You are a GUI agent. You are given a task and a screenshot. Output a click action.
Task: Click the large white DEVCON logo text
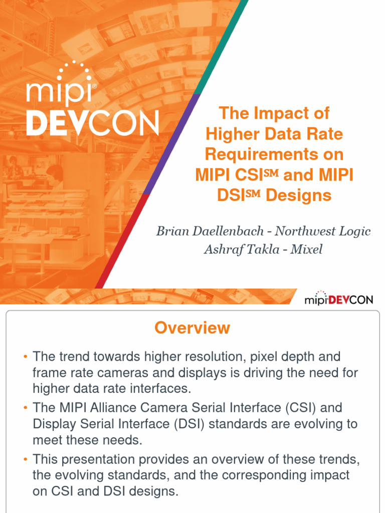point(93,122)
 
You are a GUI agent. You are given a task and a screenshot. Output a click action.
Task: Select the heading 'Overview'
point(192,328)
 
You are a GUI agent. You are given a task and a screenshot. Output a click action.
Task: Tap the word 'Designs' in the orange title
point(299,195)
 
